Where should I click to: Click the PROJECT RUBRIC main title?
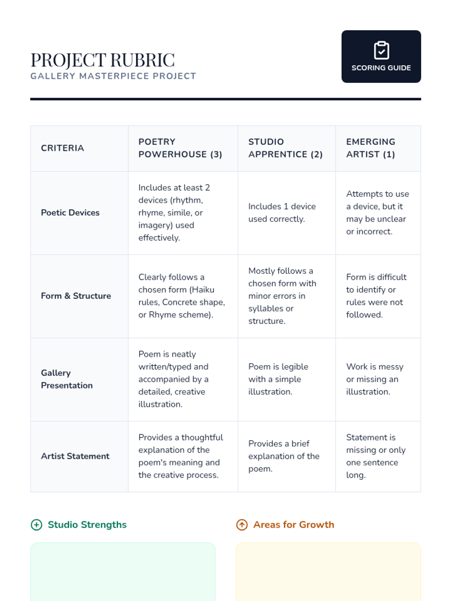(x=103, y=60)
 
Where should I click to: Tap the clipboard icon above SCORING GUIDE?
(x=381, y=50)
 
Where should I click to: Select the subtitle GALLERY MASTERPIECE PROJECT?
(x=113, y=76)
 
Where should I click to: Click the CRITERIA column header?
(x=62, y=148)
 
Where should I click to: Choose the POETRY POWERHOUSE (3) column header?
(x=180, y=148)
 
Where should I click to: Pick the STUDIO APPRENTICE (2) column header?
(x=285, y=148)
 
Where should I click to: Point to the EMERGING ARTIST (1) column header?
(x=371, y=148)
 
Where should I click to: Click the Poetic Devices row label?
(x=70, y=213)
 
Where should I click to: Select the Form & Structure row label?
(x=76, y=296)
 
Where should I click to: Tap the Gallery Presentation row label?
(x=67, y=379)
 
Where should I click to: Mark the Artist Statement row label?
(x=75, y=456)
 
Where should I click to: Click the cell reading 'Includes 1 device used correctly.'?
(x=282, y=213)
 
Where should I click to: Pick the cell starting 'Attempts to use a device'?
(x=377, y=213)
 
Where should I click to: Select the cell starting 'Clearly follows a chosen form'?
(x=182, y=296)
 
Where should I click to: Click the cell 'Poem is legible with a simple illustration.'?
(x=278, y=379)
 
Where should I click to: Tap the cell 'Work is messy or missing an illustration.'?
(x=375, y=379)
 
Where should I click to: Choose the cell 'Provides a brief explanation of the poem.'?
(x=284, y=456)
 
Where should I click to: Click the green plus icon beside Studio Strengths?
(x=36, y=525)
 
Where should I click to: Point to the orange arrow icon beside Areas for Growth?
(x=242, y=525)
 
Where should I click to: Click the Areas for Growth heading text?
(x=294, y=525)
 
